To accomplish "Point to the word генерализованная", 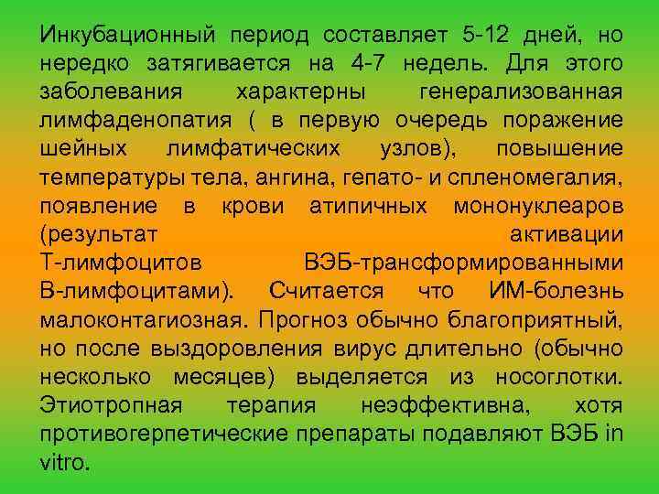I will click(x=522, y=92).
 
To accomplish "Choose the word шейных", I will click(x=83, y=149).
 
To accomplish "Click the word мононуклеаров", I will click(x=538, y=206).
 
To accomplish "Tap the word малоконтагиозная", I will click(x=144, y=320).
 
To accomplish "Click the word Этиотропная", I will click(x=111, y=405).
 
